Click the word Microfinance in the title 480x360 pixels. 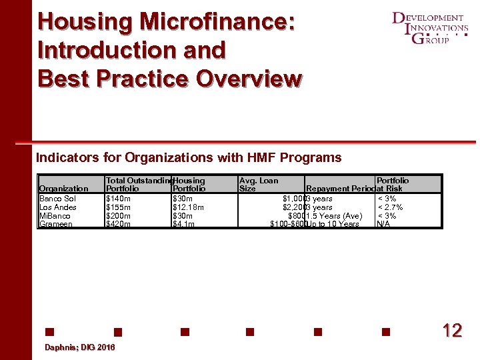[x=217, y=21]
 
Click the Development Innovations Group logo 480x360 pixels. [x=430, y=28]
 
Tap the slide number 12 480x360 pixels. [x=452, y=331]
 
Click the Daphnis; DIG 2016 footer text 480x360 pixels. [x=79, y=348]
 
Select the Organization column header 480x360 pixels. [x=64, y=189]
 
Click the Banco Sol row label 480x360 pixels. [x=57, y=199]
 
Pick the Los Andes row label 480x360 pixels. [x=58, y=207]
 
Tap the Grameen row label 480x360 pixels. [x=56, y=224]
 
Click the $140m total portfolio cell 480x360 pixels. [x=119, y=199]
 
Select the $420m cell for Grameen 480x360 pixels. [x=119, y=224]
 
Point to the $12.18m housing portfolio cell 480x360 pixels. [x=188, y=207]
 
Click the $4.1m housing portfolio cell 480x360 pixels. [x=185, y=224]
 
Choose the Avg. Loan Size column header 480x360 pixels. [x=259, y=185]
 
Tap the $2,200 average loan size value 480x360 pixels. [x=293, y=207]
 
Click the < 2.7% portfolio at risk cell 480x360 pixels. [x=390, y=207]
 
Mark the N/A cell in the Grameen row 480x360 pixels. [x=383, y=224]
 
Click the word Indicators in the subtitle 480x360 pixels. [x=65, y=158]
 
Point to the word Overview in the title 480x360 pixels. [x=249, y=78]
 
